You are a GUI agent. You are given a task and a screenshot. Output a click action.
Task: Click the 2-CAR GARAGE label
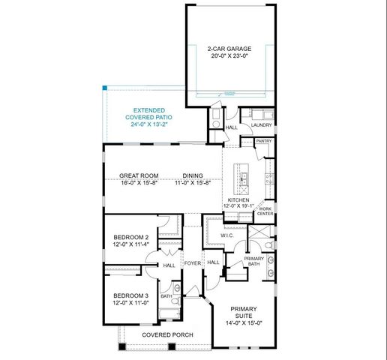[x=230, y=49]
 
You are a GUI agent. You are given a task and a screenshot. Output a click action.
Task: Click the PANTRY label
[x=263, y=141]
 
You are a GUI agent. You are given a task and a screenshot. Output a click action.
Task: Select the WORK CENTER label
[x=265, y=211]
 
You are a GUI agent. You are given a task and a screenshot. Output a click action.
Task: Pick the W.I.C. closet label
[x=228, y=235]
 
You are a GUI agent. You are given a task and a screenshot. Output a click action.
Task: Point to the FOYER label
[x=193, y=262]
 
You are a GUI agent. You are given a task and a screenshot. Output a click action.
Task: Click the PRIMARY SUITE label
[x=243, y=311]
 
